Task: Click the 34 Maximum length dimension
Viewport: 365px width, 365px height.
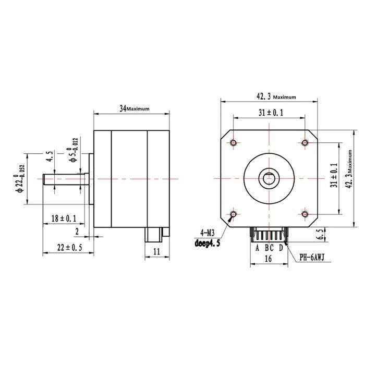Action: (x=134, y=108)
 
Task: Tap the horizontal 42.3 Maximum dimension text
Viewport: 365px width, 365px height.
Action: (x=276, y=96)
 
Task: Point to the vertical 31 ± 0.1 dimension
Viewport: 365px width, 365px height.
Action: (x=334, y=176)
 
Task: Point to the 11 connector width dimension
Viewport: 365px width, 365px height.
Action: (x=156, y=251)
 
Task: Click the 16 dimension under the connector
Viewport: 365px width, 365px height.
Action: (x=269, y=258)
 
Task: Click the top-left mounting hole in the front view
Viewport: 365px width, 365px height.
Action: (x=233, y=142)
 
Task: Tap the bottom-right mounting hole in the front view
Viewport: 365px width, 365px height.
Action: (x=306, y=214)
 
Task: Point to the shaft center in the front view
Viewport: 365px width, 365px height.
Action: (x=269, y=178)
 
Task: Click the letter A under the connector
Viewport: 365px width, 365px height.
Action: (x=257, y=248)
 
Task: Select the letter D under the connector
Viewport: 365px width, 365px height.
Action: (x=281, y=248)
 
